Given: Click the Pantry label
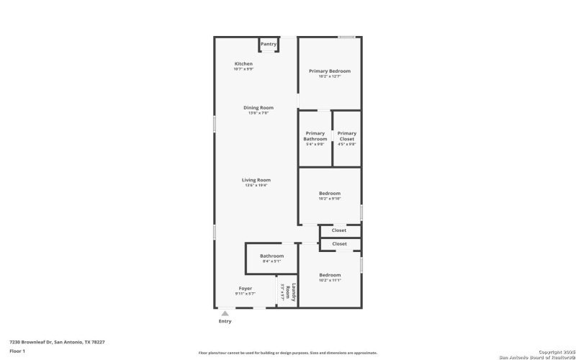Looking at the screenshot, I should tap(269, 44).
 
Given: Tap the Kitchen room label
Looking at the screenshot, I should tap(243, 64).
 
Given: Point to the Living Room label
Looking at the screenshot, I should tap(256, 180).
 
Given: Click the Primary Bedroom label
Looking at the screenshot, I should tap(330, 71).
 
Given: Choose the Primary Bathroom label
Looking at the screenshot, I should tap(315, 136).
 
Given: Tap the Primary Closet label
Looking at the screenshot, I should tap(347, 136).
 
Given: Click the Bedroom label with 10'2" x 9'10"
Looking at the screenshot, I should tap(330, 193).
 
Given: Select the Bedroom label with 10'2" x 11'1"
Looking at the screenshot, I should tap(330, 275).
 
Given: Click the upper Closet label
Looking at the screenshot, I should tap(339, 230).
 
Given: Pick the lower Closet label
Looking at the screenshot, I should tap(339, 244).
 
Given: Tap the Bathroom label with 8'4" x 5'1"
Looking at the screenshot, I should tap(271, 256).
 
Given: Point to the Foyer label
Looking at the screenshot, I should tap(246, 289).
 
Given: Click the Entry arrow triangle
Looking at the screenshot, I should tap(225, 313).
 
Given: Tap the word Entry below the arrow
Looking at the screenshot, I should tap(225, 321).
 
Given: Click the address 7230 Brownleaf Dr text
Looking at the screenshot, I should tap(57, 342).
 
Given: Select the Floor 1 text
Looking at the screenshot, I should tap(17, 351).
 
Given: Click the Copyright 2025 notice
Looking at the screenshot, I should tap(552, 352).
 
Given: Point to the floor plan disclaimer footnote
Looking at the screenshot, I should tap(288, 353).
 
